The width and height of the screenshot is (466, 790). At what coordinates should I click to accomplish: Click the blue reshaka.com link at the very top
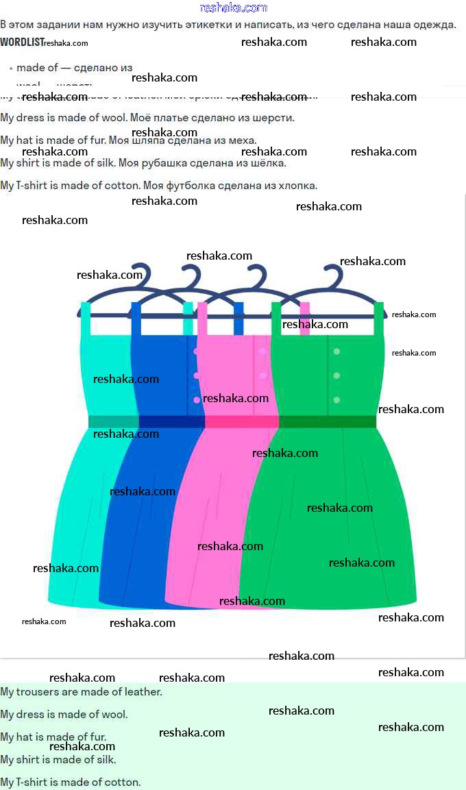tap(233, 8)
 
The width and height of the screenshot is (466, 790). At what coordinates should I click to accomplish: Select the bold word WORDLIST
tap(21, 42)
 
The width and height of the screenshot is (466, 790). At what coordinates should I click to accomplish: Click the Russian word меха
tap(243, 140)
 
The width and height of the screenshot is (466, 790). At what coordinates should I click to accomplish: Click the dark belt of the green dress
tap(328, 421)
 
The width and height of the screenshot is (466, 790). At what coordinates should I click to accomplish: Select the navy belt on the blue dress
tap(171, 421)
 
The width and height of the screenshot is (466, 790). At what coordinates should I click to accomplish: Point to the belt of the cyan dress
tap(114, 421)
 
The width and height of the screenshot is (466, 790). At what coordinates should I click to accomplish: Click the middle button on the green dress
tap(336, 375)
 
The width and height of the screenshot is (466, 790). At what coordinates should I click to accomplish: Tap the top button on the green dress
tap(336, 351)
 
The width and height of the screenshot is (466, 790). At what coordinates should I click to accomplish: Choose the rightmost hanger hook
tap(334, 275)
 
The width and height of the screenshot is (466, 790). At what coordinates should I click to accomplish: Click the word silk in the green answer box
tap(107, 759)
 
